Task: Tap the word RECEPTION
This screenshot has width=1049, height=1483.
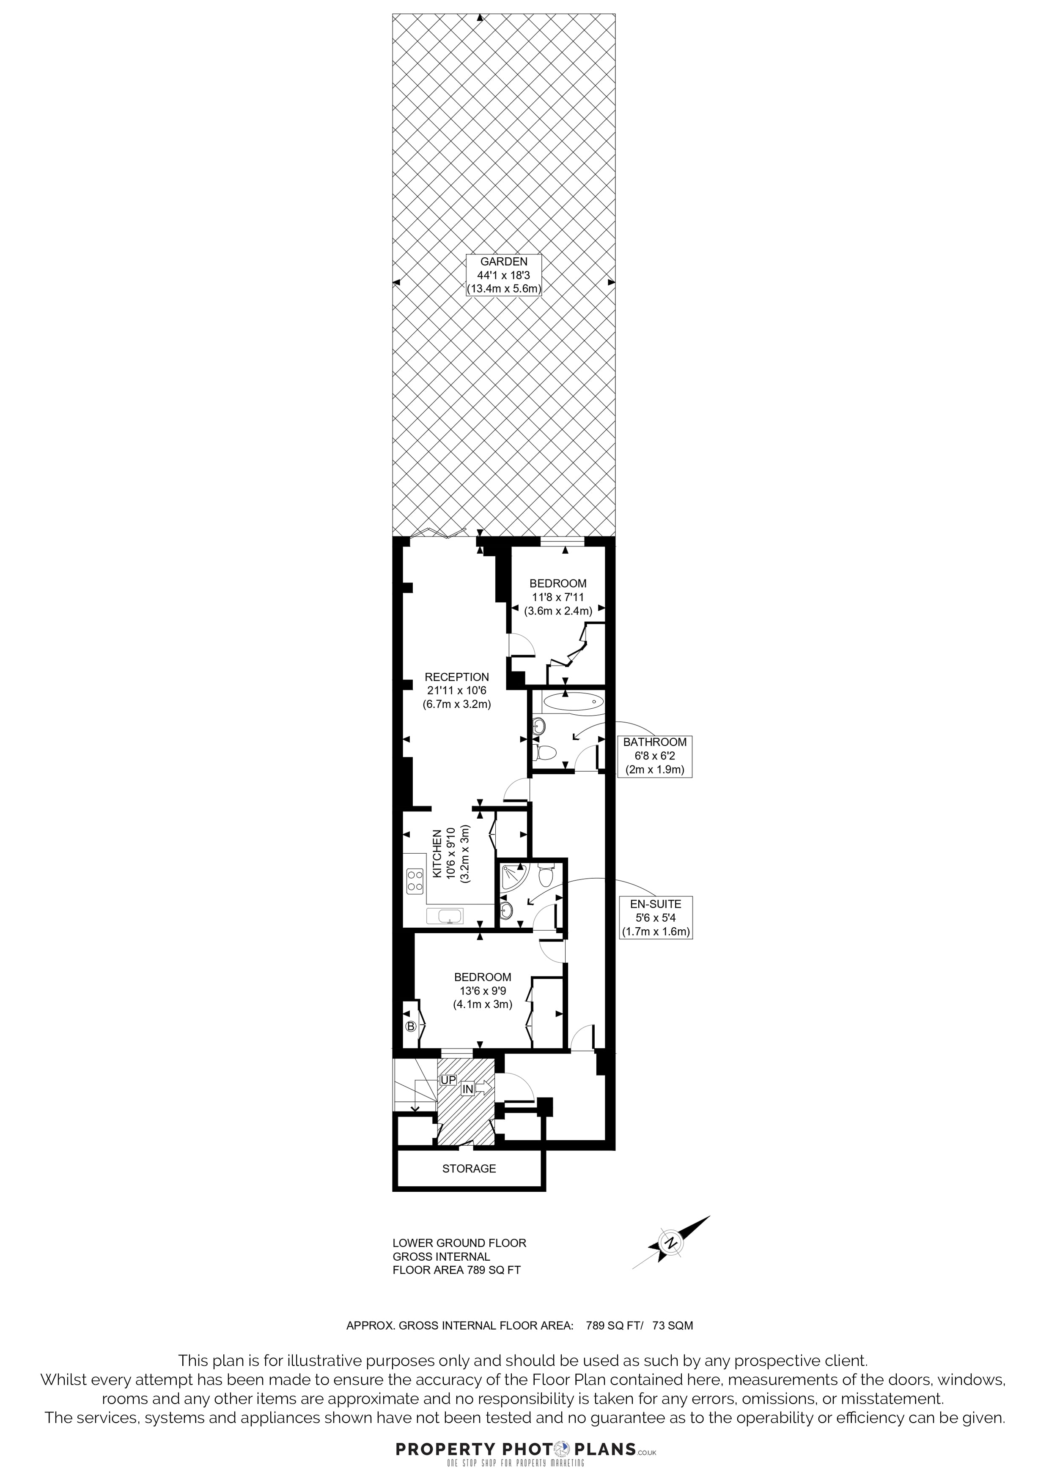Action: click(457, 677)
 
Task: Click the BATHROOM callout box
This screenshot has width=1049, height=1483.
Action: click(655, 756)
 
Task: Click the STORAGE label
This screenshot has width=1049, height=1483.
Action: click(469, 1169)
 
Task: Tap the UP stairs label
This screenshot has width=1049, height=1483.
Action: click(448, 1080)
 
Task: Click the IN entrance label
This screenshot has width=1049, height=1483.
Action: click(467, 1090)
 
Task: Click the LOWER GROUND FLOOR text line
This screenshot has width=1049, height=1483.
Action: click(459, 1243)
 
